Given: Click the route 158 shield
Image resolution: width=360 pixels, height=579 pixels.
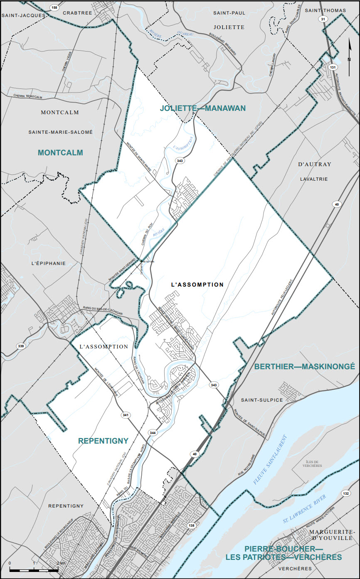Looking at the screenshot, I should (x=54, y=8).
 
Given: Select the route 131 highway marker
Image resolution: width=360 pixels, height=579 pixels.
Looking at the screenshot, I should (x=332, y=67).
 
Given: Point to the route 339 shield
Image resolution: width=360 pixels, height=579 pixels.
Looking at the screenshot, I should (x=20, y=346).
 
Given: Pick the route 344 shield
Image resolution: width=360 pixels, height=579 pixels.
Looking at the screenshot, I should (x=153, y=433).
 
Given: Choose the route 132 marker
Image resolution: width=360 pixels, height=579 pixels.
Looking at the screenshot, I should (x=346, y=493).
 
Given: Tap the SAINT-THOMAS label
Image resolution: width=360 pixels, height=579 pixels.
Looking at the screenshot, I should (x=323, y=10).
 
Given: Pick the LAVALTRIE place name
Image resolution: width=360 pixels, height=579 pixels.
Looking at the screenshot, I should (x=314, y=179).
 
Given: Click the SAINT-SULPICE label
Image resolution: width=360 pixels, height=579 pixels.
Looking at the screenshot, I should (x=262, y=400).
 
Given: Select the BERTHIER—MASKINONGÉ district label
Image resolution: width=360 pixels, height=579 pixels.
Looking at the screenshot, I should (x=305, y=367).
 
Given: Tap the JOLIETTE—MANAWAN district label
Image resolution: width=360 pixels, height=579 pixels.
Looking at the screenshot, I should (x=203, y=108).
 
